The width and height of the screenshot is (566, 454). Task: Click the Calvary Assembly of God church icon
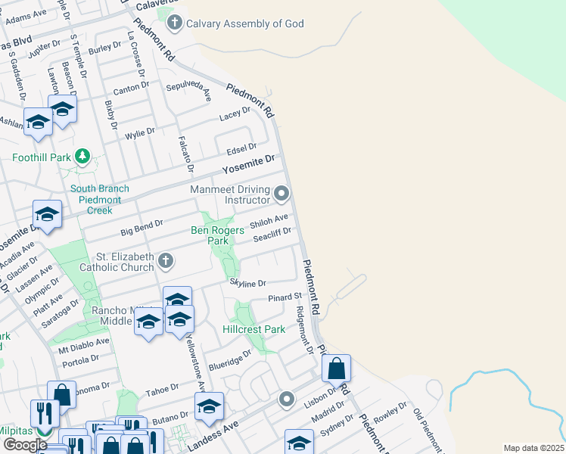[x=175, y=23]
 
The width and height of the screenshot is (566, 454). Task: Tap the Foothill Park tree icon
[x=82, y=157]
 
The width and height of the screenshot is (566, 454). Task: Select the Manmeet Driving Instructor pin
[x=281, y=194]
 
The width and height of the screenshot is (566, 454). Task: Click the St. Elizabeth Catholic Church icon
[x=166, y=262]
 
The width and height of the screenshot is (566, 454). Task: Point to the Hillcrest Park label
[x=254, y=329]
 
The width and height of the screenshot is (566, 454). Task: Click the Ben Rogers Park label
[x=217, y=235]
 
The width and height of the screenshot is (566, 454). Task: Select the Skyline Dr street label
[x=248, y=283]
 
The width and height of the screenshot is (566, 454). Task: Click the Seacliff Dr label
[x=272, y=236]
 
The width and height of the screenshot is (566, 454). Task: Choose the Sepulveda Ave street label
[x=189, y=91]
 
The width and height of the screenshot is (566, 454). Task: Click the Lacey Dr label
[x=235, y=114]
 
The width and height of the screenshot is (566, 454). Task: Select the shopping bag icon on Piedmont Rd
[x=337, y=369]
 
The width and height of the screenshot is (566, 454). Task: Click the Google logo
[x=25, y=444]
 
